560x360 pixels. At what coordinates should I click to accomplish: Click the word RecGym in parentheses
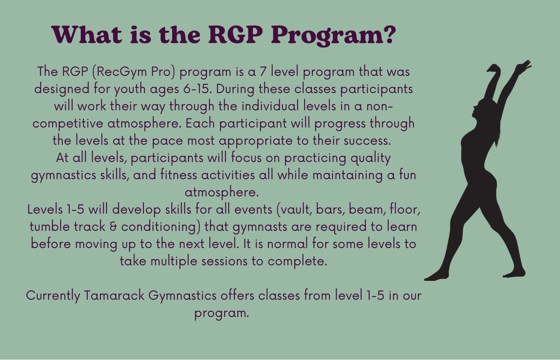121,72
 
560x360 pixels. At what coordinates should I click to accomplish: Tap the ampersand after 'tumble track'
113,227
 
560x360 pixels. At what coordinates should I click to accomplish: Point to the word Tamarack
114,296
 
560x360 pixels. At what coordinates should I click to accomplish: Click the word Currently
53,296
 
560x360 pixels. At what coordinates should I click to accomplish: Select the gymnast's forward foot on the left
437,276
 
